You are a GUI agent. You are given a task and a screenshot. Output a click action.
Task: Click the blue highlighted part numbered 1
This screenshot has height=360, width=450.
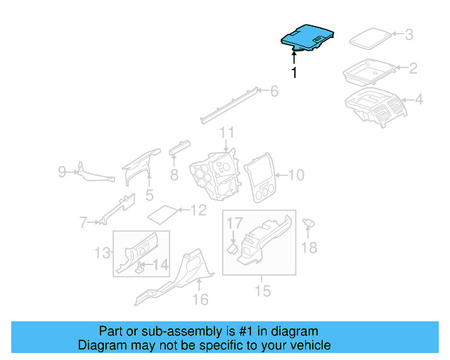tap(307, 37)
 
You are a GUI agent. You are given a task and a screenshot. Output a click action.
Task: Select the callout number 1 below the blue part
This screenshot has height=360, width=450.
tap(294, 72)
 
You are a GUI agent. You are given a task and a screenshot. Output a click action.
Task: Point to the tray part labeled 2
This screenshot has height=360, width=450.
tap(368, 71)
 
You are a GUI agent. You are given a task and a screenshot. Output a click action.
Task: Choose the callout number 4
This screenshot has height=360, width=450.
tap(418, 100)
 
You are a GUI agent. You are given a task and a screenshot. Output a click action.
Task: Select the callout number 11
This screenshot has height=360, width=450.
tap(226, 133)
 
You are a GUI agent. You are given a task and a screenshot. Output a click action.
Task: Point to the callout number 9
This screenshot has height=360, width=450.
tap(62, 172)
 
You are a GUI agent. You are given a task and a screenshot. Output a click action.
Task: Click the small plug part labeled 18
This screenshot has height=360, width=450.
tap(307, 224)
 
